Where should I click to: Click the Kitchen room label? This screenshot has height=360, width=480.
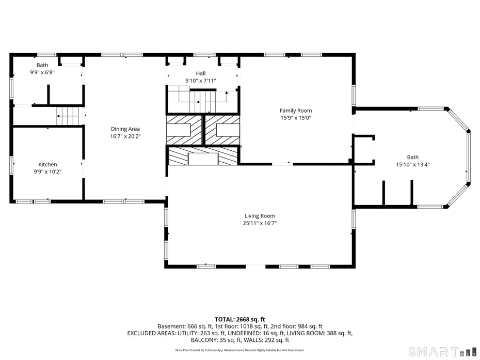(47, 164)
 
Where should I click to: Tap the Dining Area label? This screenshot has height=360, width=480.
(125, 129)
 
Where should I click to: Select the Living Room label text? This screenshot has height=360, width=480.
(260, 216)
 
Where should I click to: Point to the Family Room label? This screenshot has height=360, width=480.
(296, 111)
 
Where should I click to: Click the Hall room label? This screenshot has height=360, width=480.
(200, 73)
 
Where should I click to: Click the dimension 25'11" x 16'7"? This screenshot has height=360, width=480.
(260, 223)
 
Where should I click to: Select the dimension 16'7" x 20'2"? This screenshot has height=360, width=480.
(125, 136)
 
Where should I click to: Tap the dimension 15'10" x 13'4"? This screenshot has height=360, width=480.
(412, 165)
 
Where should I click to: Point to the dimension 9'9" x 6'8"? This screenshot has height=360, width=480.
(42, 72)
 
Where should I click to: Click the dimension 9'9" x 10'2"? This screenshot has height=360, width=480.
(47, 171)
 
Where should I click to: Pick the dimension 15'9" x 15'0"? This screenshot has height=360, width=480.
(296, 118)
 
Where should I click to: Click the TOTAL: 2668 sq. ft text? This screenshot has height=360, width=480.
(240, 319)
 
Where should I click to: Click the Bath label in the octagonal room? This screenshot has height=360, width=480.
(412, 158)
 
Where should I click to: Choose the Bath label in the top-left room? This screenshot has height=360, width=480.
(42, 65)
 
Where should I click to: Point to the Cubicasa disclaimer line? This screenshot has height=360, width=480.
(239, 350)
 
